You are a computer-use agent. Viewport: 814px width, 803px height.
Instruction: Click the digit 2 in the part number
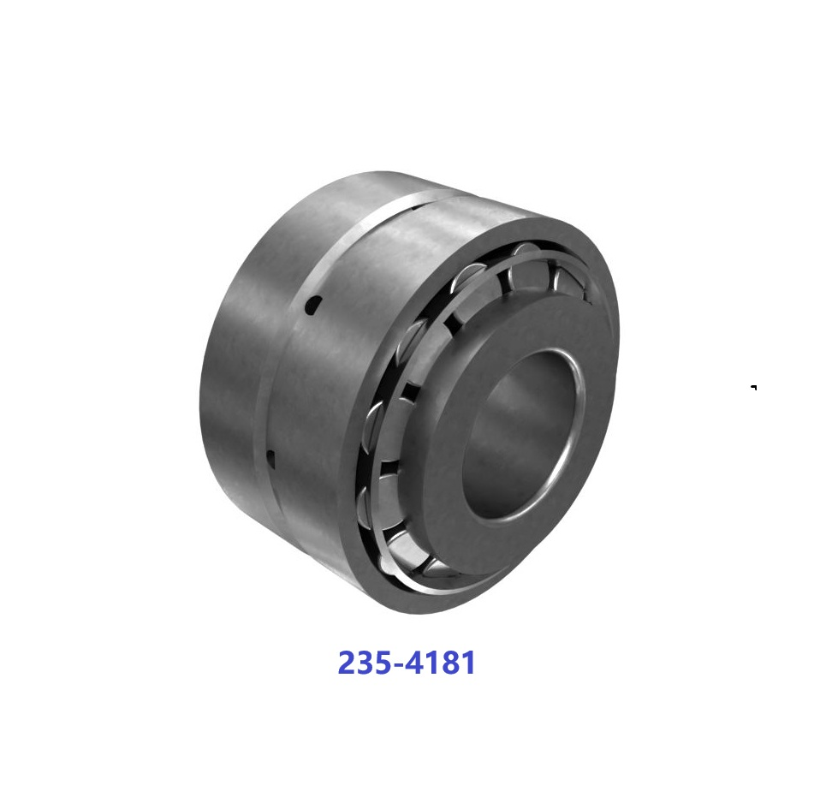click(348, 663)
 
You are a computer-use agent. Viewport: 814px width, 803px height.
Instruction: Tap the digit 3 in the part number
click(367, 663)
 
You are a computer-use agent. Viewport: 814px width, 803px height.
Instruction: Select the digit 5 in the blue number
click(387, 663)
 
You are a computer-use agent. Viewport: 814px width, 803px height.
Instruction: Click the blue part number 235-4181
click(407, 663)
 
